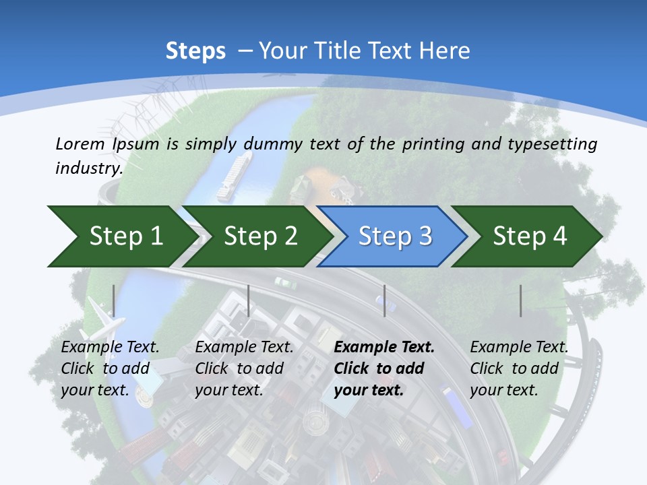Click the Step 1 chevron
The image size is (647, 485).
pyautogui.click(x=121, y=236)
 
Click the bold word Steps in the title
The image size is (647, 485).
pyautogui.click(x=195, y=51)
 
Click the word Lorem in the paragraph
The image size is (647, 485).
pyautogui.click(x=80, y=143)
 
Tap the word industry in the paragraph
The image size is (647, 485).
pyautogui.click(x=88, y=168)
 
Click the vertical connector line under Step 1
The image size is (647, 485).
pyautogui.click(x=114, y=300)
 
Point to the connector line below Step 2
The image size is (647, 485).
pyautogui.click(x=249, y=300)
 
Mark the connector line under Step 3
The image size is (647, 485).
pyautogui.click(x=384, y=300)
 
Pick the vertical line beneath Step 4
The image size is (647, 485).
pyautogui.click(x=520, y=300)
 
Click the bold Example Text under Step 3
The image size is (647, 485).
pyautogui.click(x=384, y=348)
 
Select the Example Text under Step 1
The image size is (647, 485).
pyautogui.click(x=110, y=348)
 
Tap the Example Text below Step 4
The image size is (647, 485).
pyautogui.click(x=519, y=348)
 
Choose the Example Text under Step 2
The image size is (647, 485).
pyautogui.click(x=244, y=348)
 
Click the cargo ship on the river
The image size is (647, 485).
pyautogui.click(x=233, y=176)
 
